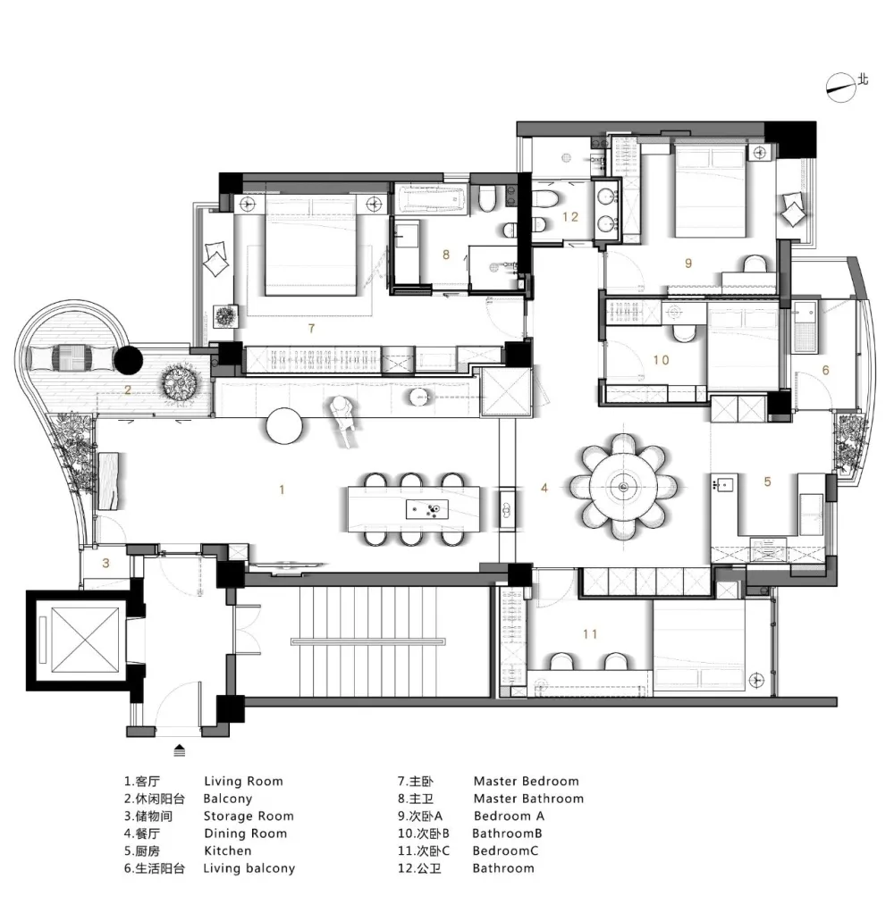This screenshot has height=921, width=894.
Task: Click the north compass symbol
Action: pyautogui.click(x=840, y=88)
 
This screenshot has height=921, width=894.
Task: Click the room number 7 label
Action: pyautogui.click(x=311, y=329)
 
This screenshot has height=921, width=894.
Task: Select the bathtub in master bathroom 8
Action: pyautogui.click(x=431, y=197)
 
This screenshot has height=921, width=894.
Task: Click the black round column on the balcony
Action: pyautogui.click(x=128, y=359)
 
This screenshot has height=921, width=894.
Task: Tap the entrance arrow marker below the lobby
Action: pyautogui.click(x=180, y=750)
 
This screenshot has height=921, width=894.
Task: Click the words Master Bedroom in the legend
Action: pyautogui.click(x=526, y=782)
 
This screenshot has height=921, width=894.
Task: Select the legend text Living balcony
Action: pyautogui.click(x=249, y=868)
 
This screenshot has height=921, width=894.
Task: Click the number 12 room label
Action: pyautogui.click(x=570, y=217)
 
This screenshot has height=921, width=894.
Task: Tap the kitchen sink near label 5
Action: pyautogui.click(x=725, y=484)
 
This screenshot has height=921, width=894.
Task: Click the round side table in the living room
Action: pyautogui.click(x=284, y=425)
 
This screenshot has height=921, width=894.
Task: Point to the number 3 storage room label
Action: pyautogui.click(x=105, y=563)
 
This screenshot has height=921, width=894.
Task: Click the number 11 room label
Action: pyautogui.click(x=590, y=633)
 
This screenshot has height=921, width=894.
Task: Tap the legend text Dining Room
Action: pyautogui.click(x=246, y=833)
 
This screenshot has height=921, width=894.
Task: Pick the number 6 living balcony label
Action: pyautogui.click(x=825, y=370)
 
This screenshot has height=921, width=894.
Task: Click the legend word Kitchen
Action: pyautogui.click(x=227, y=850)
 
